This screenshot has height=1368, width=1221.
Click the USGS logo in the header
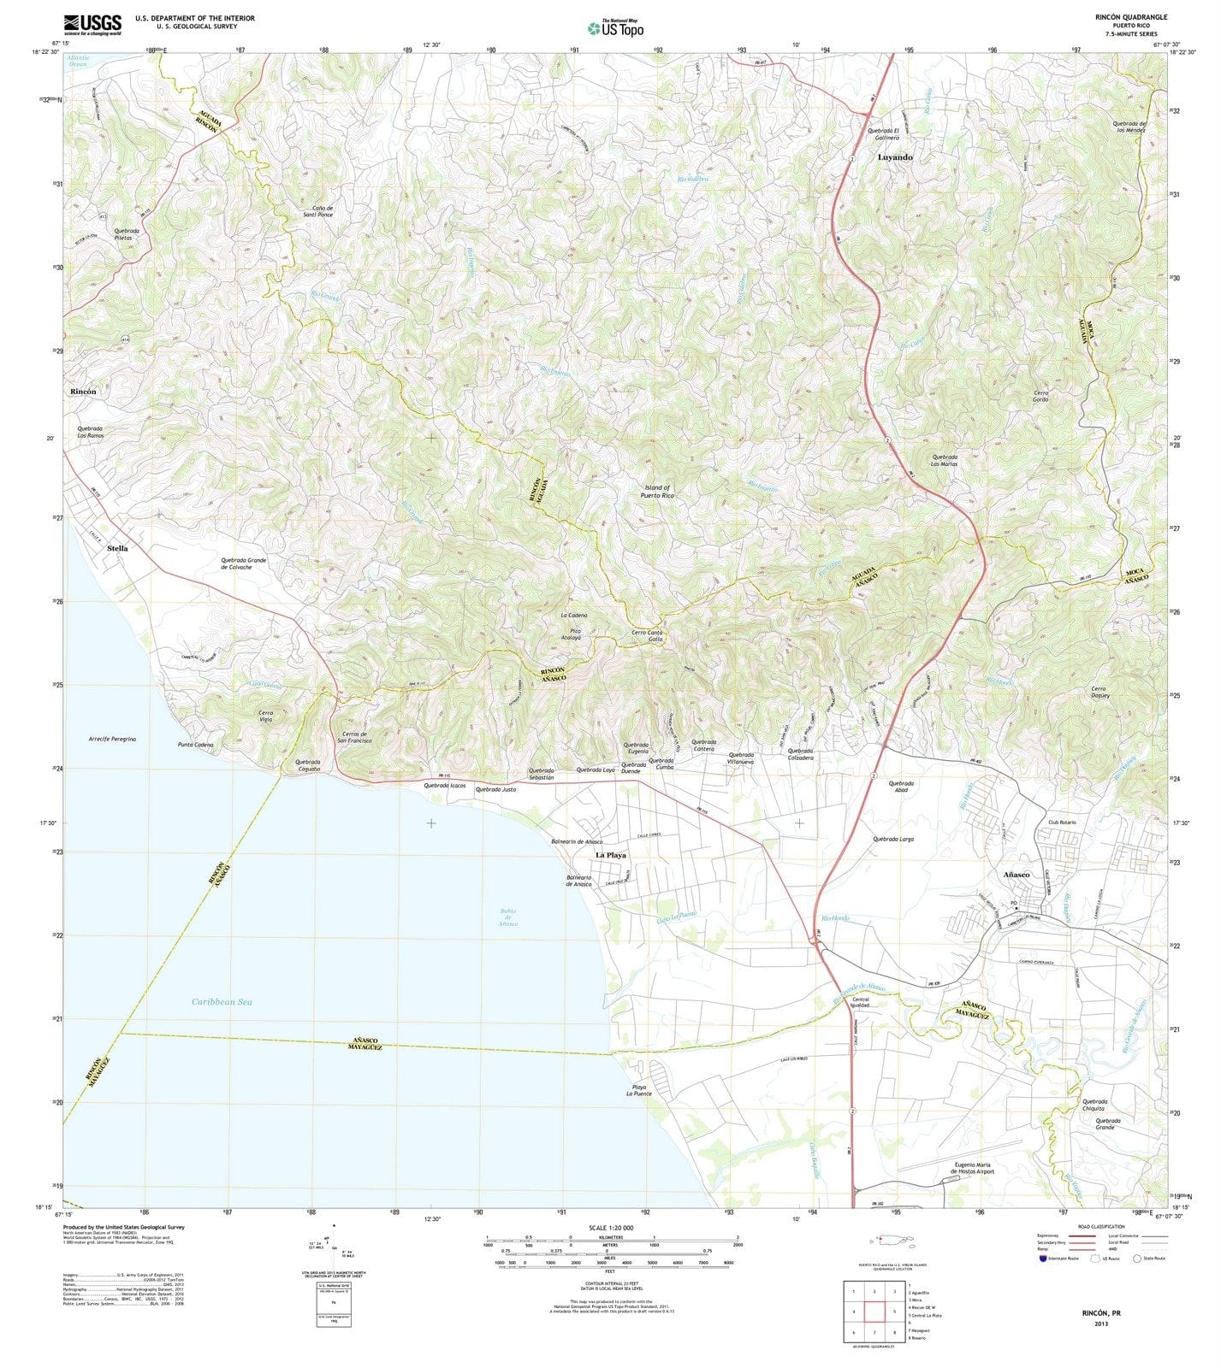tap(92, 24)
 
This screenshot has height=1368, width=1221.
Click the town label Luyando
tap(895, 157)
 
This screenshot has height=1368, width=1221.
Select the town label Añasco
tap(1017, 875)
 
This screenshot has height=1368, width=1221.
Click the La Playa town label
tap(611, 854)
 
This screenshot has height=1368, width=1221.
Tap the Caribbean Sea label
tap(222, 1001)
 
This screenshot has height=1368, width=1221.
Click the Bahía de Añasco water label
tap(508, 917)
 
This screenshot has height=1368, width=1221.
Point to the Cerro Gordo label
tap(1040, 396)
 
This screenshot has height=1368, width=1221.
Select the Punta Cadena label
tap(195, 745)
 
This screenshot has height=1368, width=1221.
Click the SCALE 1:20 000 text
tap(610, 1228)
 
